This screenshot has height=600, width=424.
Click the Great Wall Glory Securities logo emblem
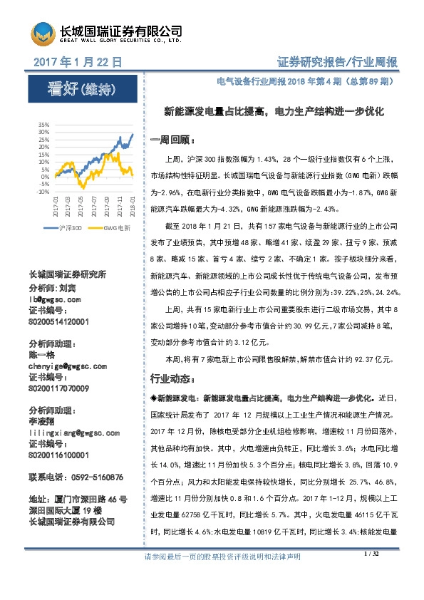42,34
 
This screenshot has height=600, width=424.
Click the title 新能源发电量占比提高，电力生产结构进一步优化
274,112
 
